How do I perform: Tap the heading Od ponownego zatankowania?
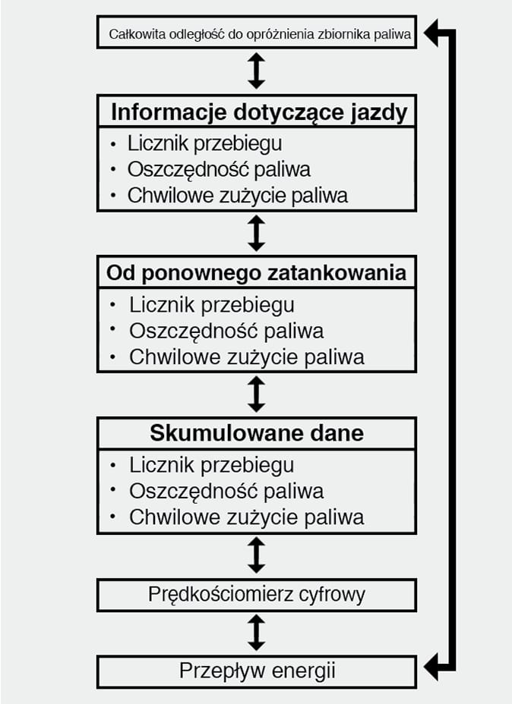(257, 272)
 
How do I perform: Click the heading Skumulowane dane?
(257, 433)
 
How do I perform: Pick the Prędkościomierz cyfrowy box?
(257, 594)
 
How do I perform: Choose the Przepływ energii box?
(257, 671)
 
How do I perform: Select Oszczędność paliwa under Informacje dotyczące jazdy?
(219, 169)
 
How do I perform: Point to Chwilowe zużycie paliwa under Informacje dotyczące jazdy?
(237, 195)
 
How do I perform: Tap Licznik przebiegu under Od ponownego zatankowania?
(211, 305)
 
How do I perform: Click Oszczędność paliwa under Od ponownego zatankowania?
(226, 331)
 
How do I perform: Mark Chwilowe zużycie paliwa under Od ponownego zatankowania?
(246, 357)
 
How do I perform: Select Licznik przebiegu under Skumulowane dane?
(211, 465)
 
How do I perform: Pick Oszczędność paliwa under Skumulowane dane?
(226, 491)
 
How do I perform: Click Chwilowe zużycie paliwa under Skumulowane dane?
(246, 517)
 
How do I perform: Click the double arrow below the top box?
(257, 71)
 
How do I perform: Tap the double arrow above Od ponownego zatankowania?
(257, 233)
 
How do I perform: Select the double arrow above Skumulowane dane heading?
(257, 394)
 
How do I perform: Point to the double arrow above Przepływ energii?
(257, 632)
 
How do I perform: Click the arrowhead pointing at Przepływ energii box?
(432, 668)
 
